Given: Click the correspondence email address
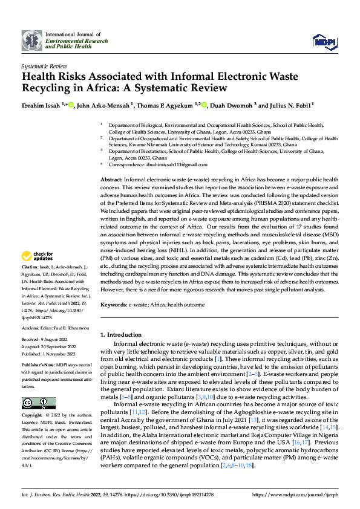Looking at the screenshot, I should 166,164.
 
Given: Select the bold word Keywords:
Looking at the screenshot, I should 113,305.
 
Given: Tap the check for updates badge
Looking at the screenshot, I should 38,273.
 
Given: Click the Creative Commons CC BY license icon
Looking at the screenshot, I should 39,403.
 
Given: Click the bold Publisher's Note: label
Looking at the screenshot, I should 38,366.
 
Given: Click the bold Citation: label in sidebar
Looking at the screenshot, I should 30,284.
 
